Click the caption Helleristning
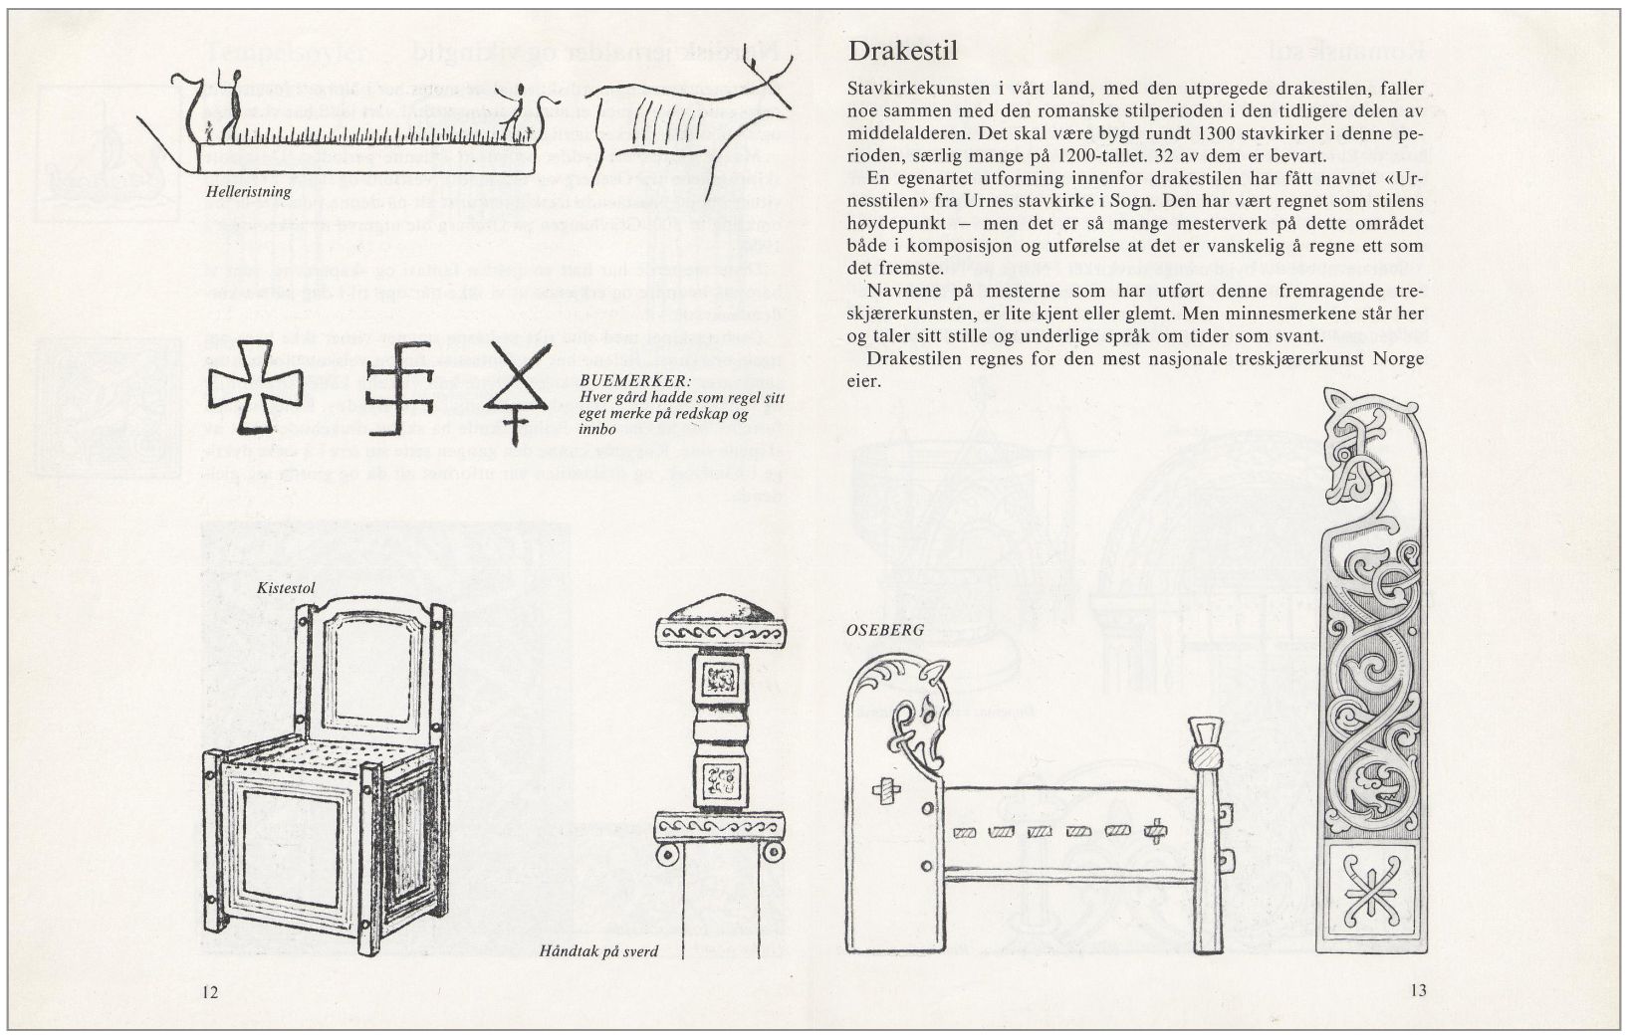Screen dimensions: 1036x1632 [250, 190]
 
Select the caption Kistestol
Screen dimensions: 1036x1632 [286, 588]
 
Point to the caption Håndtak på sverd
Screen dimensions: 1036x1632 [598, 951]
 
